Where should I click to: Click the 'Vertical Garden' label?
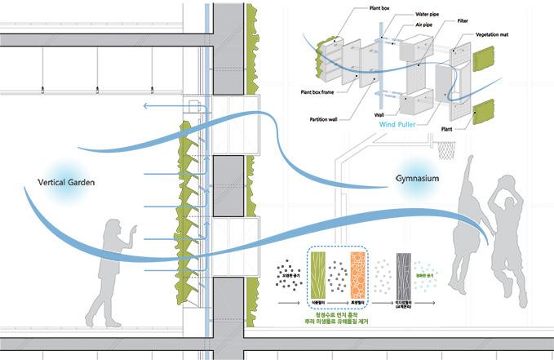tap(67, 182)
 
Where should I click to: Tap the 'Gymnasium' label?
tap(419, 179)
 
